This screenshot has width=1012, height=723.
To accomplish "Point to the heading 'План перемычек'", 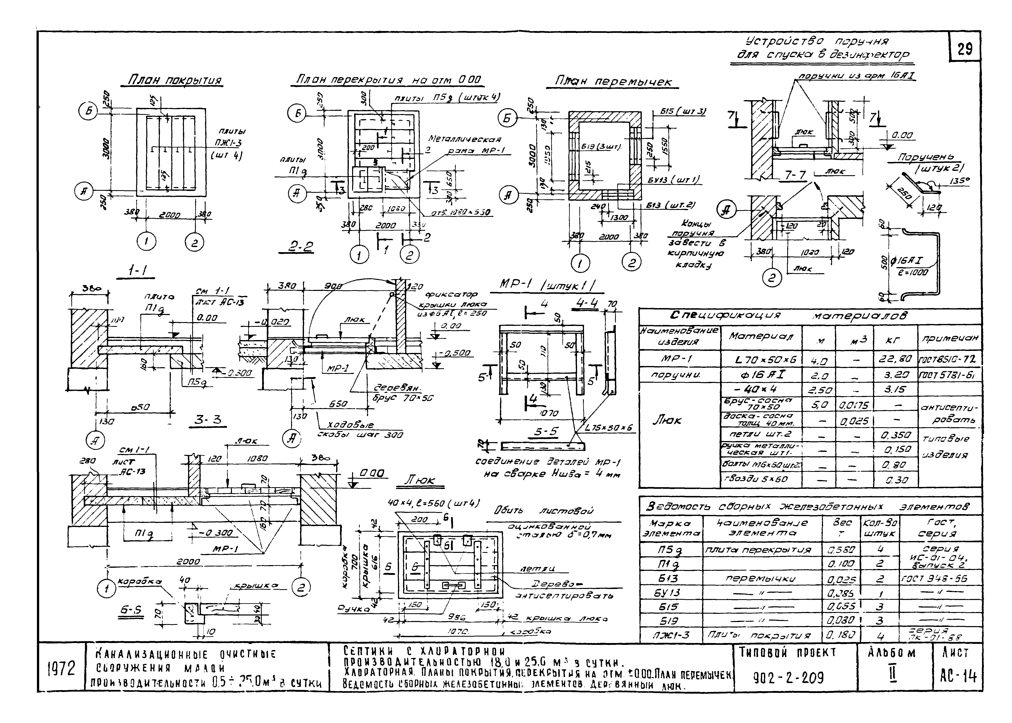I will tap(613, 81).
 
